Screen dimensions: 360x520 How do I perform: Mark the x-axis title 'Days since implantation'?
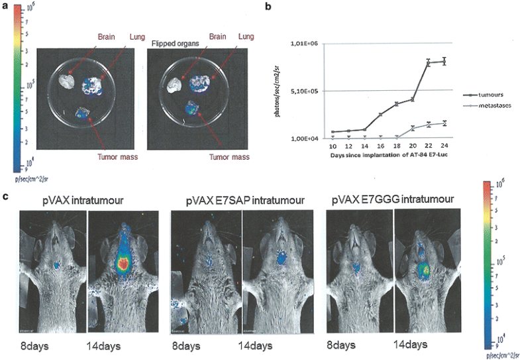(x=378, y=155)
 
